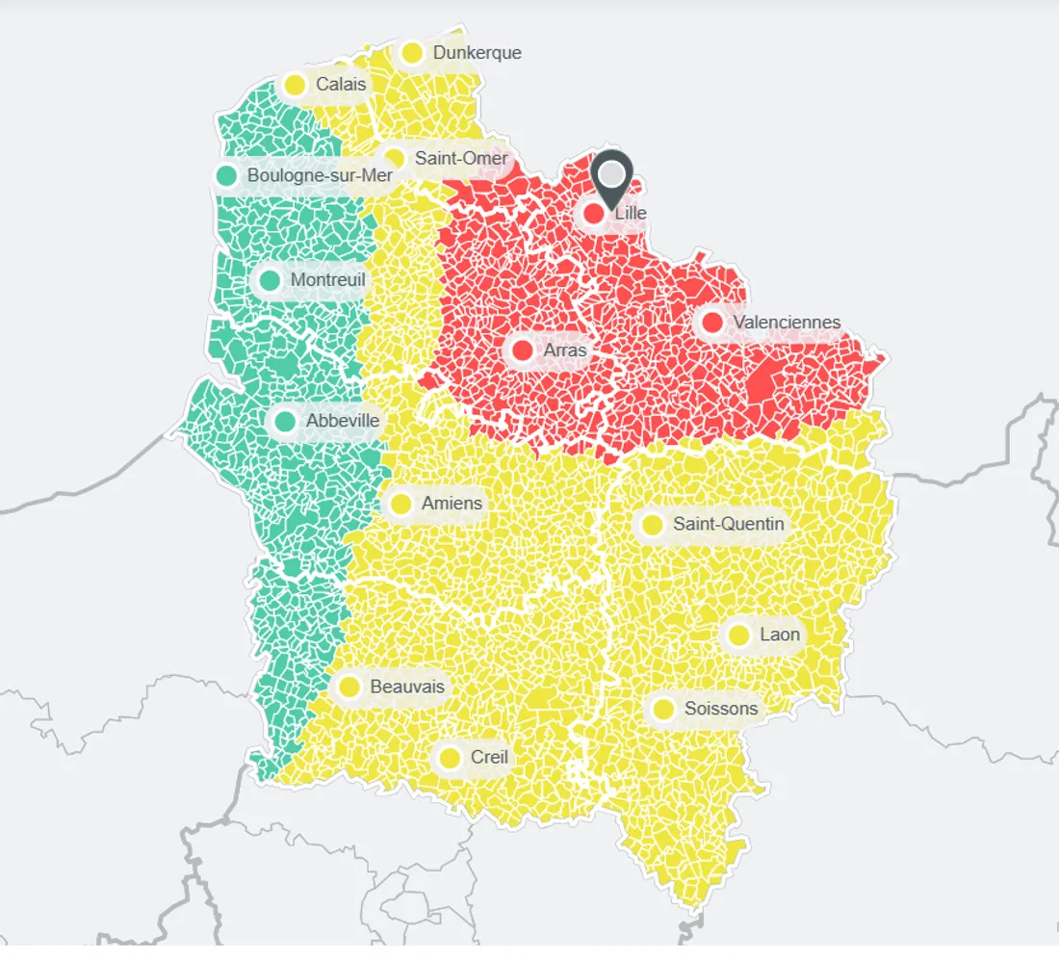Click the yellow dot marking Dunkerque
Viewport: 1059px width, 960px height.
(x=412, y=53)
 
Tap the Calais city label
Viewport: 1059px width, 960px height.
(x=341, y=85)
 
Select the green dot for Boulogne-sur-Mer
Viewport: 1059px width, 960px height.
(x=226, y=175)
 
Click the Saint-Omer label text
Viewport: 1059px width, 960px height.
(x=461, y=158)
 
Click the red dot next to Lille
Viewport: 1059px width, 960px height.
(x=594, y=213)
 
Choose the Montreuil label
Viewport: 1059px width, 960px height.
(x=328, y=280)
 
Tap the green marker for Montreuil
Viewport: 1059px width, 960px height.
(x=270, y=280)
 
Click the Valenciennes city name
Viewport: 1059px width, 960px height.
(x=787, y=323)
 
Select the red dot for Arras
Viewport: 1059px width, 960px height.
(x=523, y=350)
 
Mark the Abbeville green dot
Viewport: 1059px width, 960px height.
(x=285, y=421)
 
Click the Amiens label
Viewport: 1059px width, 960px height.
(x=452, y=504)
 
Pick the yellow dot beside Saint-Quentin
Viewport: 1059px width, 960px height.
(x=652, y=525)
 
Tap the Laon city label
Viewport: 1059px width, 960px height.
(x=780, y=635)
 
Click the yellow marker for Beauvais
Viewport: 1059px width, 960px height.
(x=349, y=687)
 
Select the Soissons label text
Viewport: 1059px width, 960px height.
(x=721, y=710)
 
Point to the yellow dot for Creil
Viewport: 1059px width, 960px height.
(x=450, y=758)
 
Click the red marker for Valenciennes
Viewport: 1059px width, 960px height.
(x=712, y=323)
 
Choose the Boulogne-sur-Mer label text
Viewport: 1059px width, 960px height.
(x=320, y=175)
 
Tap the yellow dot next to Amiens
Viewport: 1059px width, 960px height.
(x=400, y=504)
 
